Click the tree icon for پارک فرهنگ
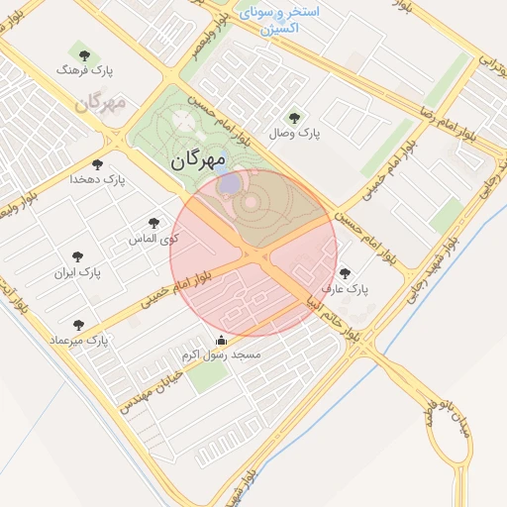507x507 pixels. pos(81,54)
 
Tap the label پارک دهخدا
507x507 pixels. pos(95,179)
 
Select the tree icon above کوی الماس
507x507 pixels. pos(152,224)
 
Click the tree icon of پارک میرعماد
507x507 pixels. pos(78,324)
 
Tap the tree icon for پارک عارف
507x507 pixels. pos(345,273)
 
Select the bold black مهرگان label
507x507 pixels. pos(198,158)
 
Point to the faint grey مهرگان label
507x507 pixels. pos(103,102)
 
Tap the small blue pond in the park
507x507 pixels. pos(229,184)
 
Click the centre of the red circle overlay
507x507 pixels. pos(253,253)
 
